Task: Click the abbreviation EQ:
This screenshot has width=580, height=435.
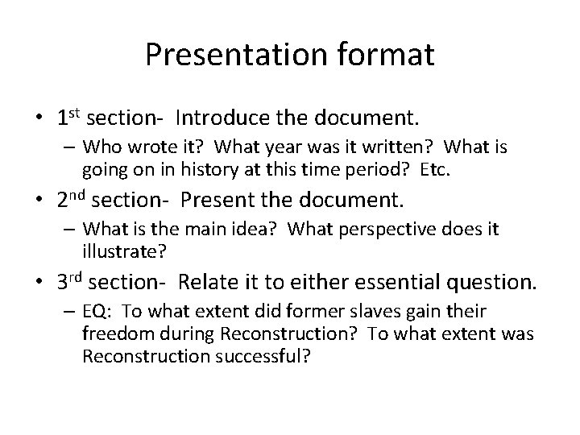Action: pos(96,312)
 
